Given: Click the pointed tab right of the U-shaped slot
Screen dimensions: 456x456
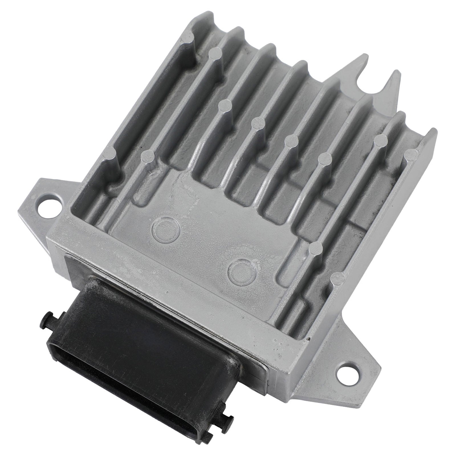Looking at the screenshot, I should coord(393,83).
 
